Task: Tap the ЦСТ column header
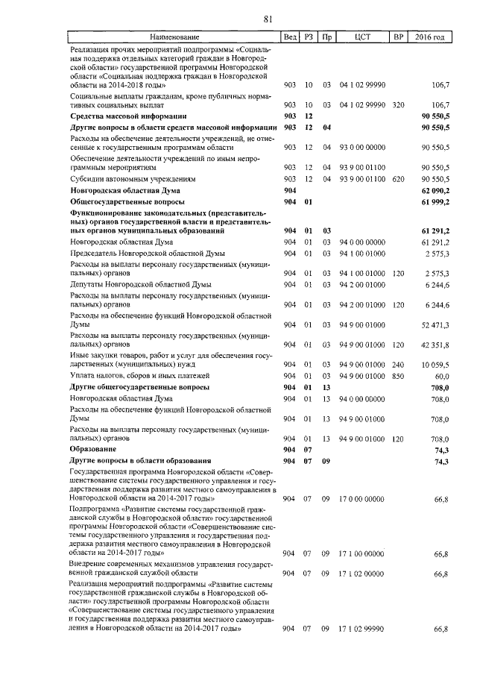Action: point(362,37)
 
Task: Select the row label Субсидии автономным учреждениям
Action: point(132,180)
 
